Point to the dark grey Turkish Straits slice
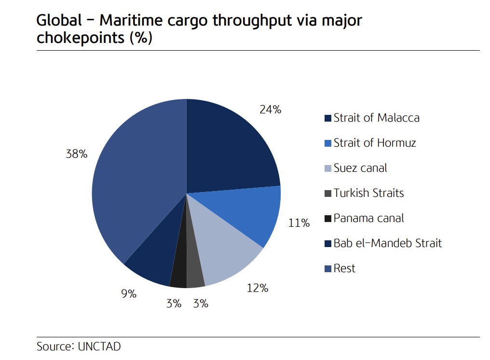tap(194, 273)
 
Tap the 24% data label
tap(270, 110)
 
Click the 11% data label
tap(299, 223)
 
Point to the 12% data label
tap(257, 288)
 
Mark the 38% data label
tap(77, 154)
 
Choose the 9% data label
tap(129, 293)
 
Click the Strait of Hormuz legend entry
tap(374, 143)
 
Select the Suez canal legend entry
tap(360, 168)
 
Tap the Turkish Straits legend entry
tap(368, 193)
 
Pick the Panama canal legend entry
tap(368, 218)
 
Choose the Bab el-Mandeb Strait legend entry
tap(387, 243)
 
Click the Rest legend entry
tap(344, 268)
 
